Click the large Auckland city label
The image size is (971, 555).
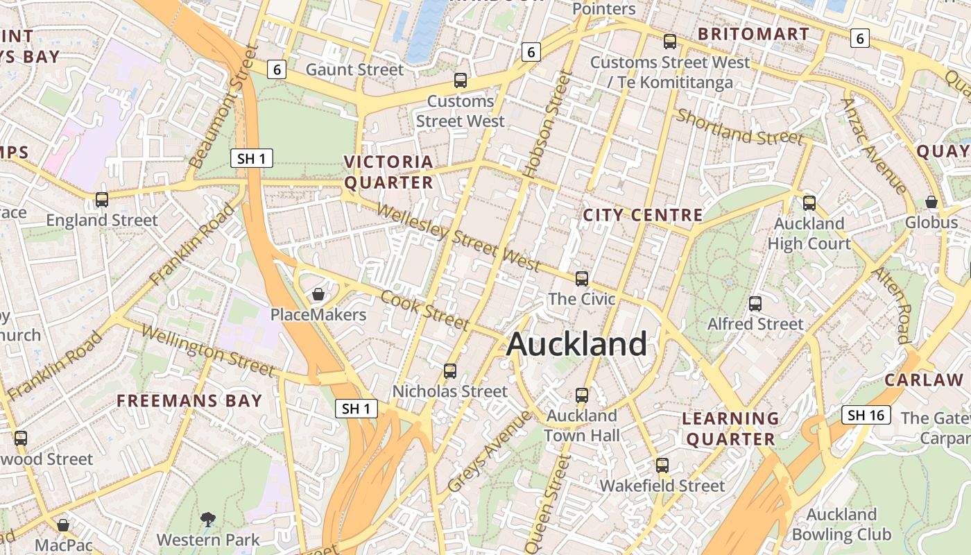(577, 344)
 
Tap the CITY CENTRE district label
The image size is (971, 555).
(643, 215)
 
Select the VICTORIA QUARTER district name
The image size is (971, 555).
(389, 172)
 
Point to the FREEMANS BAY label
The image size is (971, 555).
(189, 401)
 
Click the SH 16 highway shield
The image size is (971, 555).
(866, 415)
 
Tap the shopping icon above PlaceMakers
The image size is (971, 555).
(318, 295)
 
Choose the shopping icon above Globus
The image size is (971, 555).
(931, 202)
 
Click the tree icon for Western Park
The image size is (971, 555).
(207, 519)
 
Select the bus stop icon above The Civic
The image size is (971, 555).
(582, 279)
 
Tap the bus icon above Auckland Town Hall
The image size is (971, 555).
(582, 395)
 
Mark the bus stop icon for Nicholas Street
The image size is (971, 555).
(450, 371)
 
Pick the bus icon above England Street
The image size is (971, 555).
(102, 200)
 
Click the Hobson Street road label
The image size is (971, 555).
(547, 126)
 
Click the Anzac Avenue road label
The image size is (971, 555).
(873, 146)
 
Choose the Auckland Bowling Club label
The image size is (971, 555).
(841, 524)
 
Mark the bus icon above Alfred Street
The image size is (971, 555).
(755, 304)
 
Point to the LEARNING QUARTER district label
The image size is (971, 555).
(730, 429)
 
